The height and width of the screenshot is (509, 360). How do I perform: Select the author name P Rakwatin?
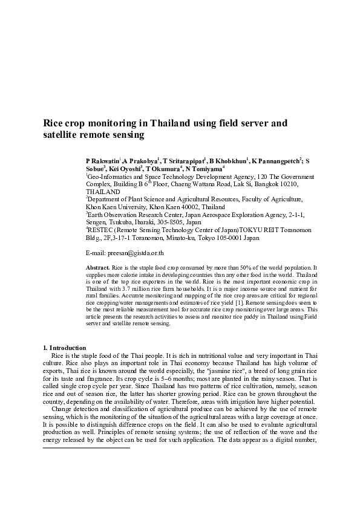tap(103, 162)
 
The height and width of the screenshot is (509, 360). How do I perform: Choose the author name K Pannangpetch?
tap(276, 162)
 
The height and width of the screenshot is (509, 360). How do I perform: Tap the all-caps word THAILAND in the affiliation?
tap(103, 191)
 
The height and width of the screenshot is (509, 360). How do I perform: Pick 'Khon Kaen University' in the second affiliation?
tap(116, 206)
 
